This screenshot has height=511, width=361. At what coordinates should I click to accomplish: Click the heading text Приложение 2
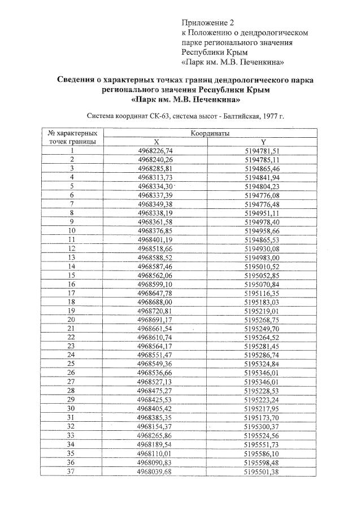(207, 23)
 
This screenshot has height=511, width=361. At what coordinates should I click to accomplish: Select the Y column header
(263, 142)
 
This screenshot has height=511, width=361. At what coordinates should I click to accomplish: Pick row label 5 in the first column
(72, 186)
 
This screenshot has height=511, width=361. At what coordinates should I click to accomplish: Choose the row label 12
(72, 248)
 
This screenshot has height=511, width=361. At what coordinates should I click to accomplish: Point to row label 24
(72, 355)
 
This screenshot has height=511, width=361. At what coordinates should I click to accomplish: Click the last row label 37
(72, 471)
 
